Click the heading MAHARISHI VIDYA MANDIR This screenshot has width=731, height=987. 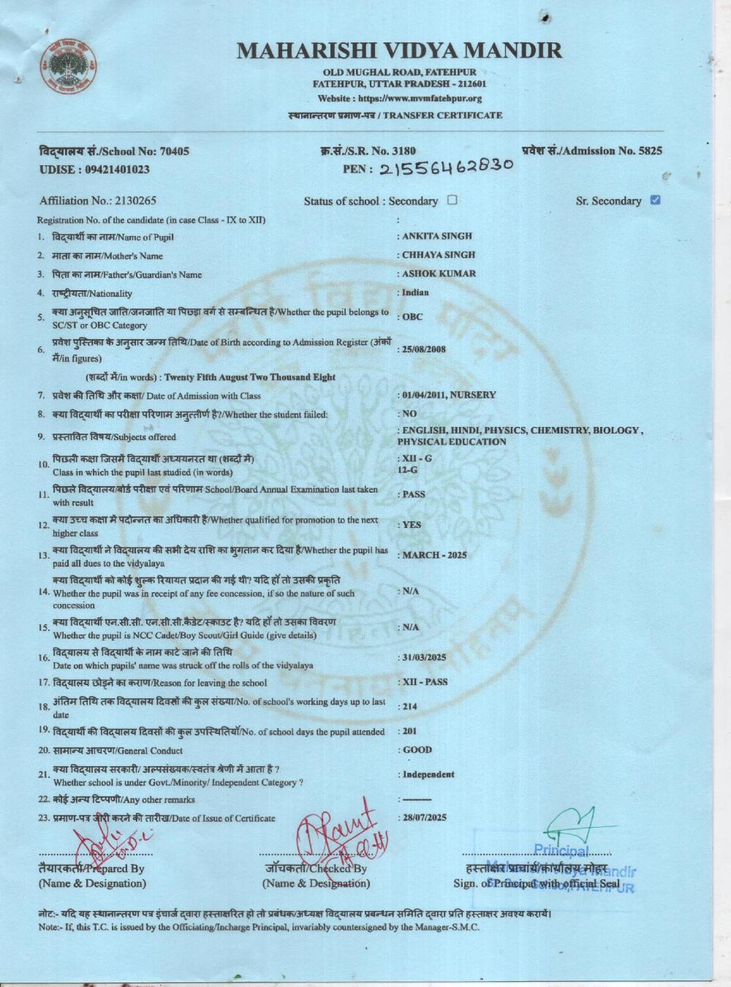point(400,50)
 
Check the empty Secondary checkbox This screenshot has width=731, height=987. point(452,200)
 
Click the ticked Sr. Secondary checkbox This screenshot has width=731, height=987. point(655,200)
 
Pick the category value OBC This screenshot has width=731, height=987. point(413,317)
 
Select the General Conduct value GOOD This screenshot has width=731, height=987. point(417,750)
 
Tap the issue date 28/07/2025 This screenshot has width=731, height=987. point(425,817)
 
